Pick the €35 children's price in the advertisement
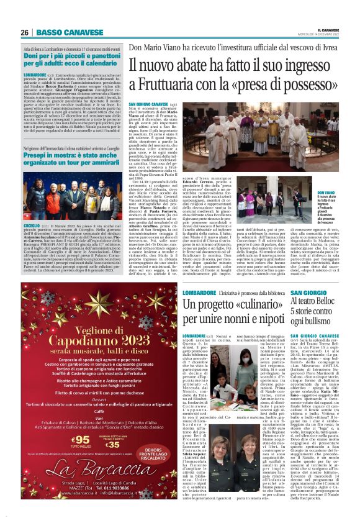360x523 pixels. coord(114,444)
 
